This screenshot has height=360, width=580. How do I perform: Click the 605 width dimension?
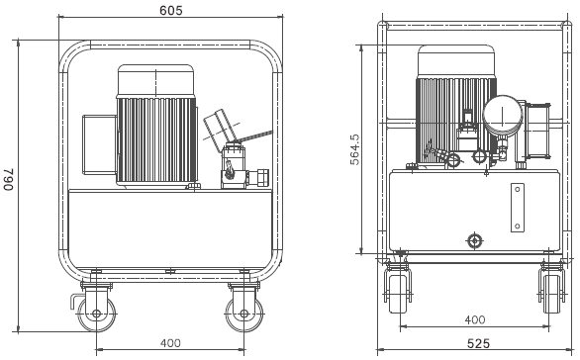171,10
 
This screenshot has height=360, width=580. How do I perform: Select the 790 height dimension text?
9,180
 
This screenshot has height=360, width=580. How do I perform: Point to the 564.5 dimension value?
354,149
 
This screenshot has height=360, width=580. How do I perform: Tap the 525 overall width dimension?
478,343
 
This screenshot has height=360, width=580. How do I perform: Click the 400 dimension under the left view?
170,343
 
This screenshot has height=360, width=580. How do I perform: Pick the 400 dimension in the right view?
475,319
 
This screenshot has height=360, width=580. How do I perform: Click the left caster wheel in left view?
97,314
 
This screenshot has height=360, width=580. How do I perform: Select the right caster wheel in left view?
244,314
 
